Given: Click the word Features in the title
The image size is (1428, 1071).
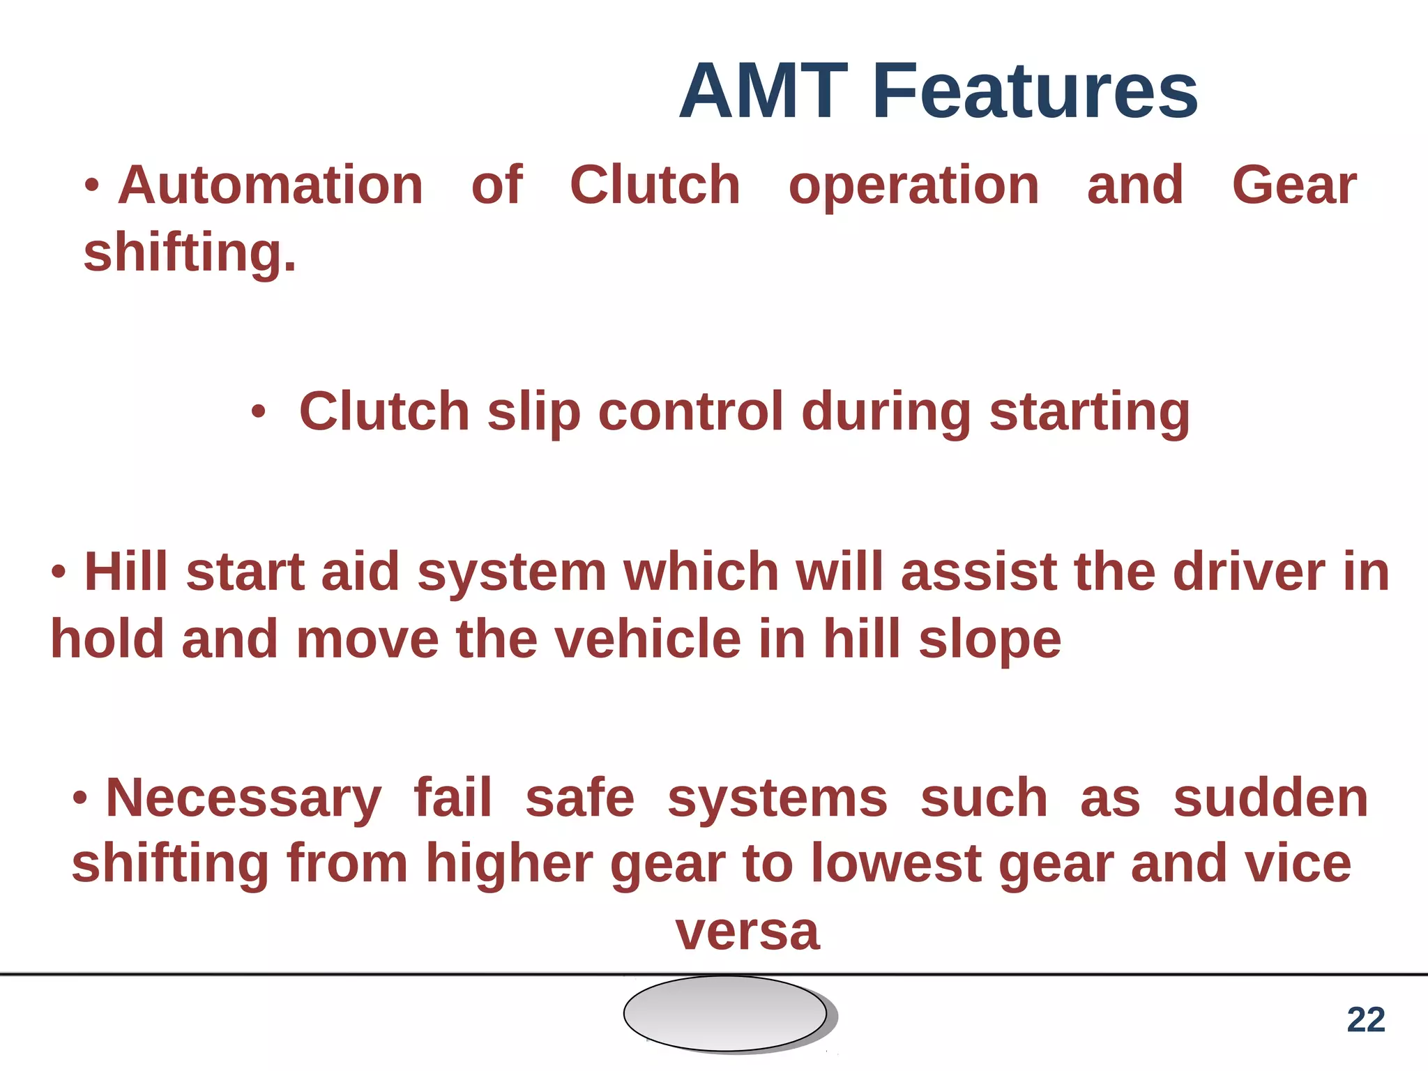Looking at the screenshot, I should (1035, 92).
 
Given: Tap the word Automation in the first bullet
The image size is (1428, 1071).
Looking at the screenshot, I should (271, 185).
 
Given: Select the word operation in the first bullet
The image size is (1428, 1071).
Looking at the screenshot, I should (913, 187).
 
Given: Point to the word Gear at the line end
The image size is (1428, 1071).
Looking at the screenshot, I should (1294, 185).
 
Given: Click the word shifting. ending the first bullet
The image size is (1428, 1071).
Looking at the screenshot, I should (190, 252).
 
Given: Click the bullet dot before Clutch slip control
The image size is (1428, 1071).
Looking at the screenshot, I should (258, 413).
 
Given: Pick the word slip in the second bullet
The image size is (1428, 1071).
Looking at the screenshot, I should (533, 413).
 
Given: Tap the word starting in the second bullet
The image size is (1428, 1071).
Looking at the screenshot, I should (1089, 413).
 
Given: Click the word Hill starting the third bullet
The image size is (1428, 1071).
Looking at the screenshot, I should (126, 572).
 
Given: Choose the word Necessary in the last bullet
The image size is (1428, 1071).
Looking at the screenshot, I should (243, 799).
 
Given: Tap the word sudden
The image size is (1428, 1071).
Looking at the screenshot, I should (1270, 798).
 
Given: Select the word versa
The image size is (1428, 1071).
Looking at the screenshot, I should (747, 932).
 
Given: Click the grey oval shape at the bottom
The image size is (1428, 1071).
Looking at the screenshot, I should (725, 1013).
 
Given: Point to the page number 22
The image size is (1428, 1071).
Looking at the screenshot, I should (1365, 1020).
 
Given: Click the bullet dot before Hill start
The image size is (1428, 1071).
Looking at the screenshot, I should (59, 572).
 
